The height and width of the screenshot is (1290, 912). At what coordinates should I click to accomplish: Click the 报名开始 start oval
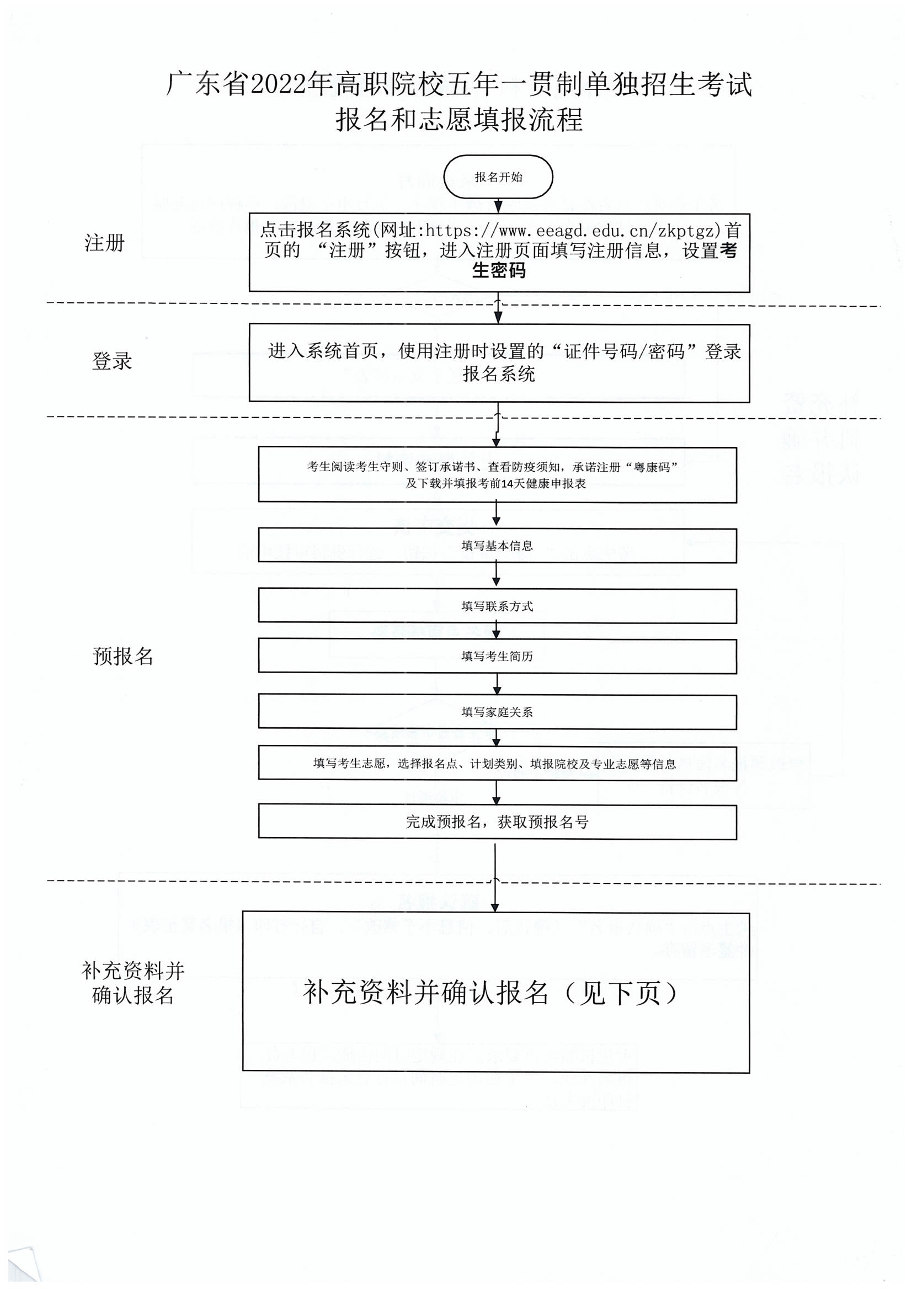point(498,177)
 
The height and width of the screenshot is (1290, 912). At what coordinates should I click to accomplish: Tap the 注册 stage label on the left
point(104,243)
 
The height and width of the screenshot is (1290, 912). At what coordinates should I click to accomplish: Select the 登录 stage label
point(112,361)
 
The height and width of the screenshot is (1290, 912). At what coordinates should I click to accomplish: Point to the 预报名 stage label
point(123,656)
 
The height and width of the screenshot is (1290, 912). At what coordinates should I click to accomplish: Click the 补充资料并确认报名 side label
point(132,983)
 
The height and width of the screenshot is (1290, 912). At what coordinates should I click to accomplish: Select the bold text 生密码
point(498,271)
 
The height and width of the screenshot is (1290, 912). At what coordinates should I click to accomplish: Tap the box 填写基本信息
point(497,546)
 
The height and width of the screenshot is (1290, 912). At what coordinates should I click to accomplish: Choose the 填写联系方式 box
point(497,606)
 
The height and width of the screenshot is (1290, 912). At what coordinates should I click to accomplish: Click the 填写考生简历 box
point(497,656)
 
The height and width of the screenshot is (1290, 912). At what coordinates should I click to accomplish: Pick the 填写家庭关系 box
point(497,712)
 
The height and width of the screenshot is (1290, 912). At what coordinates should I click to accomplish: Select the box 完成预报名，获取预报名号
point(497,822)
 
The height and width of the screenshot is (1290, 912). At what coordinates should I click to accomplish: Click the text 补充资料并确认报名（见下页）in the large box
point(490,993)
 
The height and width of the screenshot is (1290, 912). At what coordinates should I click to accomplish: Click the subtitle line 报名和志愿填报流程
point(459,120)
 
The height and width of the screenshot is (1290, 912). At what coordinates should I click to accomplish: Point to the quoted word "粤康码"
point(655,467)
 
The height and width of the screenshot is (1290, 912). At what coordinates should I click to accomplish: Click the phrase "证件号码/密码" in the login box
point(625,351)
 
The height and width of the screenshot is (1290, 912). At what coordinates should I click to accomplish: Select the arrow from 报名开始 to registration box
point(498,206)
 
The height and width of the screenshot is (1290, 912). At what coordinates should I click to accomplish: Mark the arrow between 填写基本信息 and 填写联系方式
point(496,575)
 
